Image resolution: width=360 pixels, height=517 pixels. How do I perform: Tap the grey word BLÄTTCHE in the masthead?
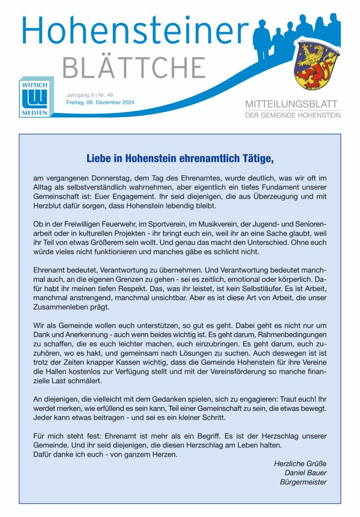[x=134, y=67]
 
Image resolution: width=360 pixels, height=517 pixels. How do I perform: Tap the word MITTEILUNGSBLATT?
[x=293, y=104]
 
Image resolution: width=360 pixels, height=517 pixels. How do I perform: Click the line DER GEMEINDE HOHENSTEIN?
[x=293, y=115]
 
